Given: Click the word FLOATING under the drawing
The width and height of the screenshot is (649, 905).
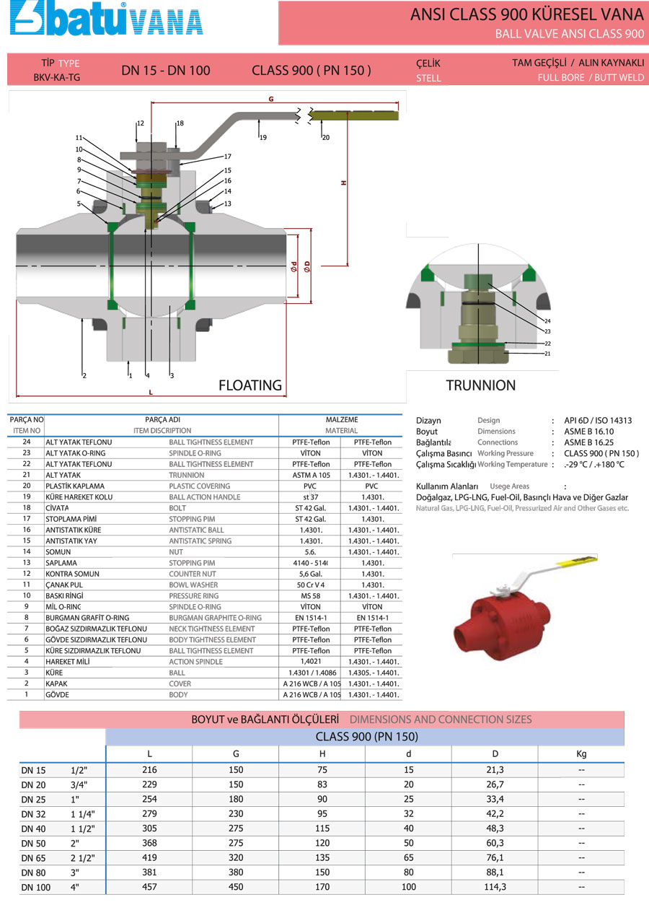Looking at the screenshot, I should click(250, 385).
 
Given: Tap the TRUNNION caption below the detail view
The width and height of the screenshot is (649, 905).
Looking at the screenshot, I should click(481, 385).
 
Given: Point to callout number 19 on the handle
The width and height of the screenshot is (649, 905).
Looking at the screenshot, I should click(263, 137).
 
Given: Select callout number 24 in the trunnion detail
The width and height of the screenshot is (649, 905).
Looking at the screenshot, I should click(547, 320).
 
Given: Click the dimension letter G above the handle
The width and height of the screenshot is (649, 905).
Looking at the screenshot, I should click(271, 99).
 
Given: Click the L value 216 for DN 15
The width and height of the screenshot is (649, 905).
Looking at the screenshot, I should click(149, 770).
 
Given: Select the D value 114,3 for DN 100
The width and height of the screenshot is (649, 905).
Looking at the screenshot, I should click(495, 887).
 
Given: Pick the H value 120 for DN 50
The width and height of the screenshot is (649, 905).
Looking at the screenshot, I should click(322, 842).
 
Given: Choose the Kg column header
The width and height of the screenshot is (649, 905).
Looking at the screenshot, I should click(581, 754).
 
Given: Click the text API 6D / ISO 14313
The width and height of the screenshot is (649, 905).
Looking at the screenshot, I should click(598, 421).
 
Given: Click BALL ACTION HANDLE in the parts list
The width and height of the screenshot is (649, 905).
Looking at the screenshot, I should click(204, 497).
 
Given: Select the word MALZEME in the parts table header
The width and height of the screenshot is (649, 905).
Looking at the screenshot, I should click(341, 419).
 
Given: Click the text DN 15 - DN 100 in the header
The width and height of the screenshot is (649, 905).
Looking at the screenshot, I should click(166, 70).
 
